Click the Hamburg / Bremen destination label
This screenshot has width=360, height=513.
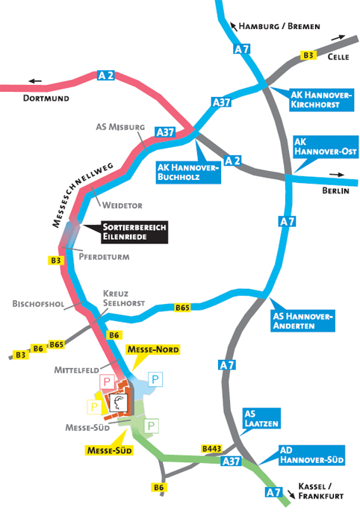[x=279, y=26]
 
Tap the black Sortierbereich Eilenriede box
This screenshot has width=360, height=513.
[x=134, y=232]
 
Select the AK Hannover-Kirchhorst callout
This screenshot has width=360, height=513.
[x=321, y=100]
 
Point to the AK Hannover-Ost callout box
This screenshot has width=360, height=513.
[x=326, y=146]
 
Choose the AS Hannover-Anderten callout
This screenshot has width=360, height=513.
[x=302, y=320]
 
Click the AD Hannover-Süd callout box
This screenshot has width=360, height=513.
[x=312, y=455]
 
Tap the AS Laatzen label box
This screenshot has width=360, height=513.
[x=261, y=418]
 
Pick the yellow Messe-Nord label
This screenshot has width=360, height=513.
[x=153, y=349]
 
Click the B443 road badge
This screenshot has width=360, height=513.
[x=212, y=449]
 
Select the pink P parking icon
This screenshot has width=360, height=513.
[x=107, y=382]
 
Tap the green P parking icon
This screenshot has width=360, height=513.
[x=151, y=426]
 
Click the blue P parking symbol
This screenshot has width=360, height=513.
[x=155, y=379]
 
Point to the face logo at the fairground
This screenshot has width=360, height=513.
[x=118, y=402]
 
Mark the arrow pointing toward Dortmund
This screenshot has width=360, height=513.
[x=35, y=81]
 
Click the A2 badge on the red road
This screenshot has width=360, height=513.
[x=106, y=75]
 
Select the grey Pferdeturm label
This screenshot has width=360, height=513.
[x=104, y=257]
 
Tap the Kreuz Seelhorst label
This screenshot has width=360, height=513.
[x=124, y=298]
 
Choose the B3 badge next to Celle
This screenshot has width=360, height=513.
[x=308, y=55]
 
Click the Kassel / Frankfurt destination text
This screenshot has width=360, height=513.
[x=320, y=491]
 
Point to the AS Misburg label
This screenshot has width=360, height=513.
[x=120, y=127]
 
